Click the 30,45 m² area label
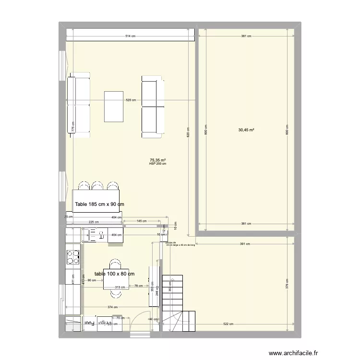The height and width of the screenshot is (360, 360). (x=246, y=130)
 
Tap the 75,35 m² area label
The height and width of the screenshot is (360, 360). (x=158, y=160)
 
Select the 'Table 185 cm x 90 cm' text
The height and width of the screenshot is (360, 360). (x=99, y=204)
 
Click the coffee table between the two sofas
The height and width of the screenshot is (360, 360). (x=114, y=107)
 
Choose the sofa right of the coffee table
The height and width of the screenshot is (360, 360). (x=153, y=107)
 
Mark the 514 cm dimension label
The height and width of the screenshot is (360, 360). (x=130, y=36)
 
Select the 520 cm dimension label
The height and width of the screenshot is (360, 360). (x=131, y=100)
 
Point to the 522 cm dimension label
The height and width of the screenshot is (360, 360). (x=228, y=324)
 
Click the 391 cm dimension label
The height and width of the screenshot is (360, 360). (x=246, y=244)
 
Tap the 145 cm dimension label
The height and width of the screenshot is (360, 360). (x=142, y=221)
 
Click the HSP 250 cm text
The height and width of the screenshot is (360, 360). (x=158, y=164)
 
